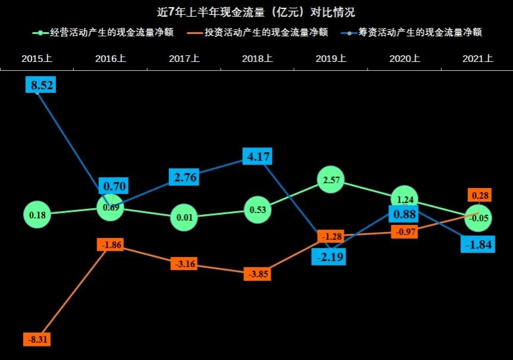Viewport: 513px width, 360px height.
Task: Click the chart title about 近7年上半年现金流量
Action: [256, 12]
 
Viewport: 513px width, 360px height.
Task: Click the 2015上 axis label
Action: [37, 59]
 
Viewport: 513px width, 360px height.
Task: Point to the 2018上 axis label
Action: [257, 59]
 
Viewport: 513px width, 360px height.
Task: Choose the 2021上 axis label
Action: [478, 59]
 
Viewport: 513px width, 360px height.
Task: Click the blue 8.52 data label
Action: [39, 85]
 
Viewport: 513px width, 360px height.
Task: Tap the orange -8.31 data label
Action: [37, 340]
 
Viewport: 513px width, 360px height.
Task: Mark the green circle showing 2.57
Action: [331, 179]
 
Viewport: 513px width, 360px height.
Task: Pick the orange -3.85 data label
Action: [258, 274]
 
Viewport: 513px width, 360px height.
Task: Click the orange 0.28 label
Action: [479, 196]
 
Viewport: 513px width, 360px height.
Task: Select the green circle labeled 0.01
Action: [184, 217]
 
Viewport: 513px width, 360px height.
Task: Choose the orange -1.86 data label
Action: [110, 245]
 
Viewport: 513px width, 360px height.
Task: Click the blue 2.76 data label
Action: [184, 177]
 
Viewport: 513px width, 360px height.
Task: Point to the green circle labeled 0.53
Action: [258, 209]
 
